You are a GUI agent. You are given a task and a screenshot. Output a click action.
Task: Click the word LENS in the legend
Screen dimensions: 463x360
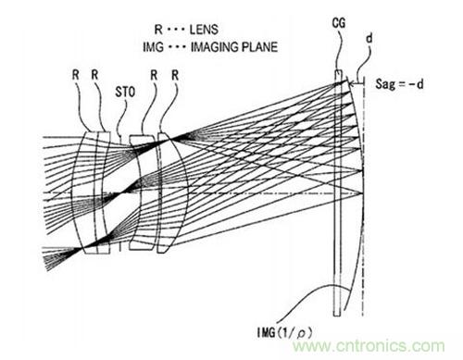pos(204,30)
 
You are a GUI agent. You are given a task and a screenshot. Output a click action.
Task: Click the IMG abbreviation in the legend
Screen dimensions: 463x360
pos(153,47)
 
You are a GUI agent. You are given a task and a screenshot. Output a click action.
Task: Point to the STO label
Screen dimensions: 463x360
pos(125,92)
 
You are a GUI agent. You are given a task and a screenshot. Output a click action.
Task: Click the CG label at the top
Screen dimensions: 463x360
pos(339,23)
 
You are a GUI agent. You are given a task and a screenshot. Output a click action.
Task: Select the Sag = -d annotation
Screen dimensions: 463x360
pos(399,83)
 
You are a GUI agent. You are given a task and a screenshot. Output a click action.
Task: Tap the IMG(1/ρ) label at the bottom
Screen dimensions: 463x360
pos(284,332)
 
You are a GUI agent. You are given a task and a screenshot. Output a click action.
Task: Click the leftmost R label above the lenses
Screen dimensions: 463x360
pos(76,75)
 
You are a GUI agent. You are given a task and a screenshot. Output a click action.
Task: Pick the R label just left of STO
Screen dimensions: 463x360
pos(94,75)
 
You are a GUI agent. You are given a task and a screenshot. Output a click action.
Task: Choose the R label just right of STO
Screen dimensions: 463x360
pos(154,75)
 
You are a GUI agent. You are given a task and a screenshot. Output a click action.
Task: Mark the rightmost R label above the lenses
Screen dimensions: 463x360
pos(175,75)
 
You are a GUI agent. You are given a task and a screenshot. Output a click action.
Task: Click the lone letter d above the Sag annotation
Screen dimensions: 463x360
pos(369,38)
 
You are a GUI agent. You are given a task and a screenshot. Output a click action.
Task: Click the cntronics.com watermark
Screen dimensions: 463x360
pos(369,346)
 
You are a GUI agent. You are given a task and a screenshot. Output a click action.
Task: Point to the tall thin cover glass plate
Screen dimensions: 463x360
pos(338,193)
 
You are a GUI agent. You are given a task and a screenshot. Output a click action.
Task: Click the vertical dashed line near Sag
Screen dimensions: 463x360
pos(363,196)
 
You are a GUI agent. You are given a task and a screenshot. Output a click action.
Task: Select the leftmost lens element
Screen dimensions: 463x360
pos(84,192)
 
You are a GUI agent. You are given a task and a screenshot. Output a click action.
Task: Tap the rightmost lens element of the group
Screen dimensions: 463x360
pos(171,192)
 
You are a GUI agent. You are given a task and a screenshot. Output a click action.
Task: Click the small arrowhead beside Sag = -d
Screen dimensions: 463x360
pos(351,83)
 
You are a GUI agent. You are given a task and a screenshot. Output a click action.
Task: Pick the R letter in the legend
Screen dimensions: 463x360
pos(158,30)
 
